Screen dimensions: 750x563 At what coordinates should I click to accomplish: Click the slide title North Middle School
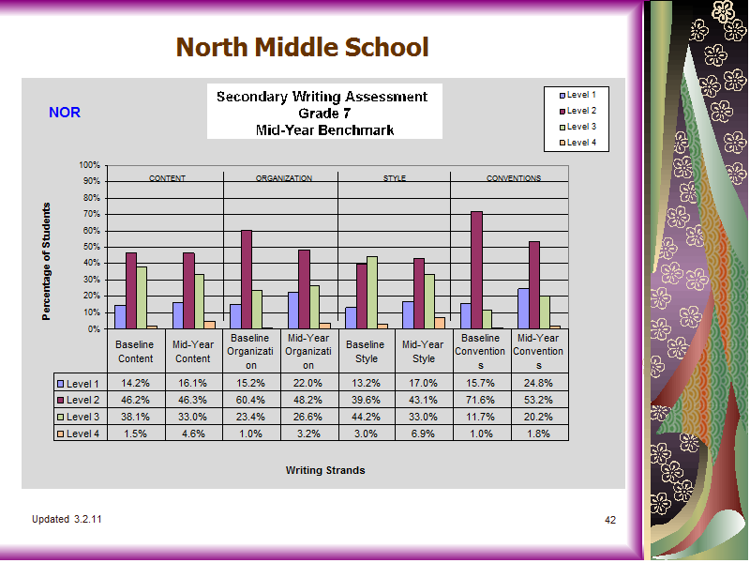(x=302, y=47)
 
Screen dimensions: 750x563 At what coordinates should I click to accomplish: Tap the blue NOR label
(x=65, y=113)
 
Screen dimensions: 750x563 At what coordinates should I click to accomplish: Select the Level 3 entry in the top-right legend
(x=577, y=127)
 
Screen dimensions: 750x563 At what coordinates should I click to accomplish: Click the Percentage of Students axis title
(x=46, y=262)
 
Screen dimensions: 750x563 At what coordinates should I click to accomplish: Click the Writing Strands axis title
(x=325, y=470)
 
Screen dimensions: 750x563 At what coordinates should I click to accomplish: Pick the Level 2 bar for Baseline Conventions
(x=476, y=270)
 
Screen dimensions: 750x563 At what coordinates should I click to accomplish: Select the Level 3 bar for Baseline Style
(x=372, y=293)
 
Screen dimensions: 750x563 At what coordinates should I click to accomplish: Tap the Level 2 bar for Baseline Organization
(x=247, y=280)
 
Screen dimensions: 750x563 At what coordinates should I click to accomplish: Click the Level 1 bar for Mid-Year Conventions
(x=523, y=309)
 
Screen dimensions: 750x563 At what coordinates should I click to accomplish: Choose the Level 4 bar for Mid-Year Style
(x=440, y=323)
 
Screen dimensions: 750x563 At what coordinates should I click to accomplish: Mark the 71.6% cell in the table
(x=481, y=400)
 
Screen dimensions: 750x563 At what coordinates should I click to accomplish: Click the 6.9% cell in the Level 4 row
(x=424, y=434)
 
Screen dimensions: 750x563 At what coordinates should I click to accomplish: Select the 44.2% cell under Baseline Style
(x=366, y=417)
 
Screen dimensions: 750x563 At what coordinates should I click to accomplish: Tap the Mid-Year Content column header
(x=193, y=351)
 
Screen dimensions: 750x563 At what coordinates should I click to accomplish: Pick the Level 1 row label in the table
(x=78, y=384)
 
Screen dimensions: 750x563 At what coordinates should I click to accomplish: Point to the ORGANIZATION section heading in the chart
(x=284, y=178)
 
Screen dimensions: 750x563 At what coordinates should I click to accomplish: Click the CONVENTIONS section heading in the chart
(x=514, y=178)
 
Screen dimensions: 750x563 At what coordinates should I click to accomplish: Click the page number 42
(x=610, y=520)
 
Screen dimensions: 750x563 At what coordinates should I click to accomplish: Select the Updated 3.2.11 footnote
(x=67, y=519)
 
